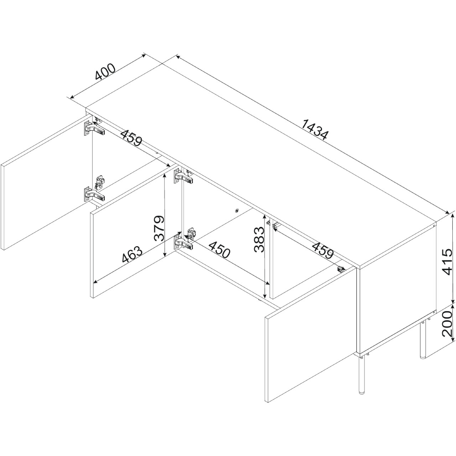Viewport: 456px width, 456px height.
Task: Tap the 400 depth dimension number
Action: click(105, 72)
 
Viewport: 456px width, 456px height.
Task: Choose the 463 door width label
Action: click(132, 255)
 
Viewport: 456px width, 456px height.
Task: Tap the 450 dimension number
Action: click(219, 249)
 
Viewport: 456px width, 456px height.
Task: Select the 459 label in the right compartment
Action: click(323, 250)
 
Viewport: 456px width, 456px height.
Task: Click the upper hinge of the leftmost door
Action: click(94, 129)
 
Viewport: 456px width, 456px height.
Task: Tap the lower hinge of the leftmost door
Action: click(94, 194)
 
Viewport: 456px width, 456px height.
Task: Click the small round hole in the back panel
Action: click(237, 211)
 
